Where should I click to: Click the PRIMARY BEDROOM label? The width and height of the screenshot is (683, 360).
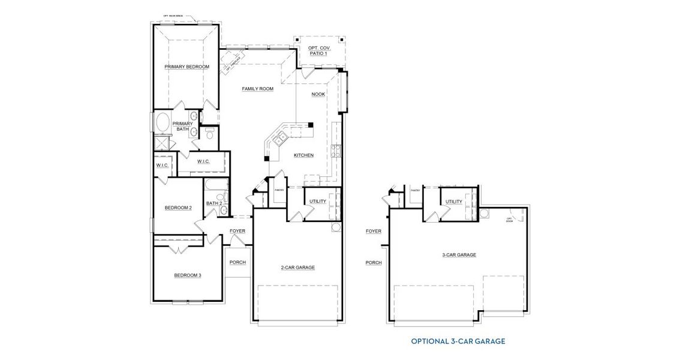(186, 67)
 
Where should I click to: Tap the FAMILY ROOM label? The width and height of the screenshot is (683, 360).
(257, 89)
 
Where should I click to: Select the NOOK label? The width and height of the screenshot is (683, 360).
(318, 94)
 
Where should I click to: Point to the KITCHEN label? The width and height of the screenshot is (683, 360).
(303, 155)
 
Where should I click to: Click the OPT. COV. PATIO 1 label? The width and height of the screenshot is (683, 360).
(318, 50)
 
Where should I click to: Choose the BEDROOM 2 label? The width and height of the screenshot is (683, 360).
(178, 208)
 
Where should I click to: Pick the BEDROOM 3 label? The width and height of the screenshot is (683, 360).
(188, 275)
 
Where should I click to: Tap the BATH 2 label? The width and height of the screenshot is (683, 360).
(214, 203)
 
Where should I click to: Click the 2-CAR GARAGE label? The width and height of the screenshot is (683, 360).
(297, 268)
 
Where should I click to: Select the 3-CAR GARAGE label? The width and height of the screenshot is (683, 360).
(459, 255)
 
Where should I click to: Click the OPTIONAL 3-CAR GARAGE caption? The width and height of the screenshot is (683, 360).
(458, 341)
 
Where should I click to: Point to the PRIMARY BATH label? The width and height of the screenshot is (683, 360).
(182, 127)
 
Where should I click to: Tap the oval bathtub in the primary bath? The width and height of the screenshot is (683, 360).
(163, 124)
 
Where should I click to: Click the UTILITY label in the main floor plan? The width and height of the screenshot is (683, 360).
(318, 201)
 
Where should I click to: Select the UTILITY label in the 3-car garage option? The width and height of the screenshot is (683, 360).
(454, 202)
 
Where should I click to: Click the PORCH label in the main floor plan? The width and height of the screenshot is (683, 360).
(237, 262)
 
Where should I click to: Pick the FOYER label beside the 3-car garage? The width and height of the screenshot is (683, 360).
(374, 231)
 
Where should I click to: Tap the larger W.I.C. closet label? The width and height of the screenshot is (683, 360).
(202, 161)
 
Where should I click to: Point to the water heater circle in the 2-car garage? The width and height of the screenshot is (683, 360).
(336, 227)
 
